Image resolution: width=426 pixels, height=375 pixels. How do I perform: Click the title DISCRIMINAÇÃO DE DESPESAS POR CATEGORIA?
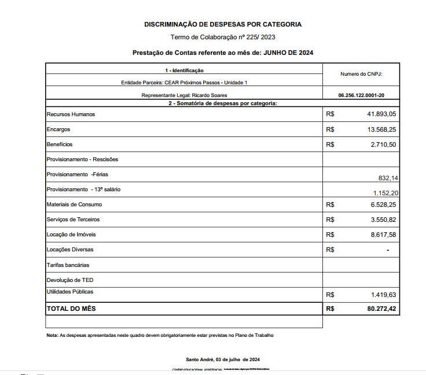(x=223, y=24)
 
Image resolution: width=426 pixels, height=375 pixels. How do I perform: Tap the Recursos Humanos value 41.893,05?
(x=381, y=114)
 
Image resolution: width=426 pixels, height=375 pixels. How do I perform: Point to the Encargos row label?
(x=58, y=129)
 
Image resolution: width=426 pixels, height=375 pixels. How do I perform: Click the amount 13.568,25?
(x=381, y=129)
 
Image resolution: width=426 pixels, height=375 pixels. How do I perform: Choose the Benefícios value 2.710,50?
(x=384, y=144)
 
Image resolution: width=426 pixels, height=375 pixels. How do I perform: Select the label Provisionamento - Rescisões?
(x=82, y=159)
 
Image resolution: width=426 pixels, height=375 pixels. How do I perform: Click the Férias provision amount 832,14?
(x=387, y=179)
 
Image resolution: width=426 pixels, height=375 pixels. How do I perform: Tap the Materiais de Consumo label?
(x=74, y=205)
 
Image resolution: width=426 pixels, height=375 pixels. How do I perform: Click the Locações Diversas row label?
(x=69, y=250)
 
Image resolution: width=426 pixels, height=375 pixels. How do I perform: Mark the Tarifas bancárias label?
(x=68, y=265)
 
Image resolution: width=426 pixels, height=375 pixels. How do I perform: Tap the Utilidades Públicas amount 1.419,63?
(x=384, y=295)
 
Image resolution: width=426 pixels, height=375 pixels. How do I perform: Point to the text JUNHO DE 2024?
(x=288, y=53)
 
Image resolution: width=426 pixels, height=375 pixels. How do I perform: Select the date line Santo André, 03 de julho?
(x=223, y=359)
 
